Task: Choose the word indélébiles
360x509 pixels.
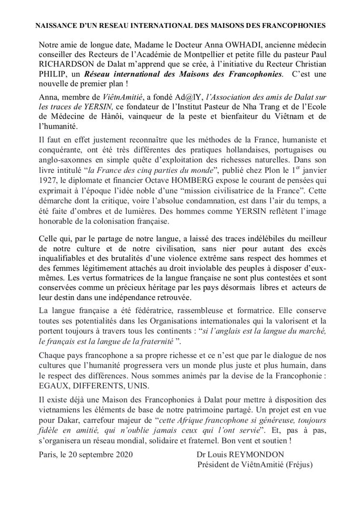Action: (247, 240)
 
